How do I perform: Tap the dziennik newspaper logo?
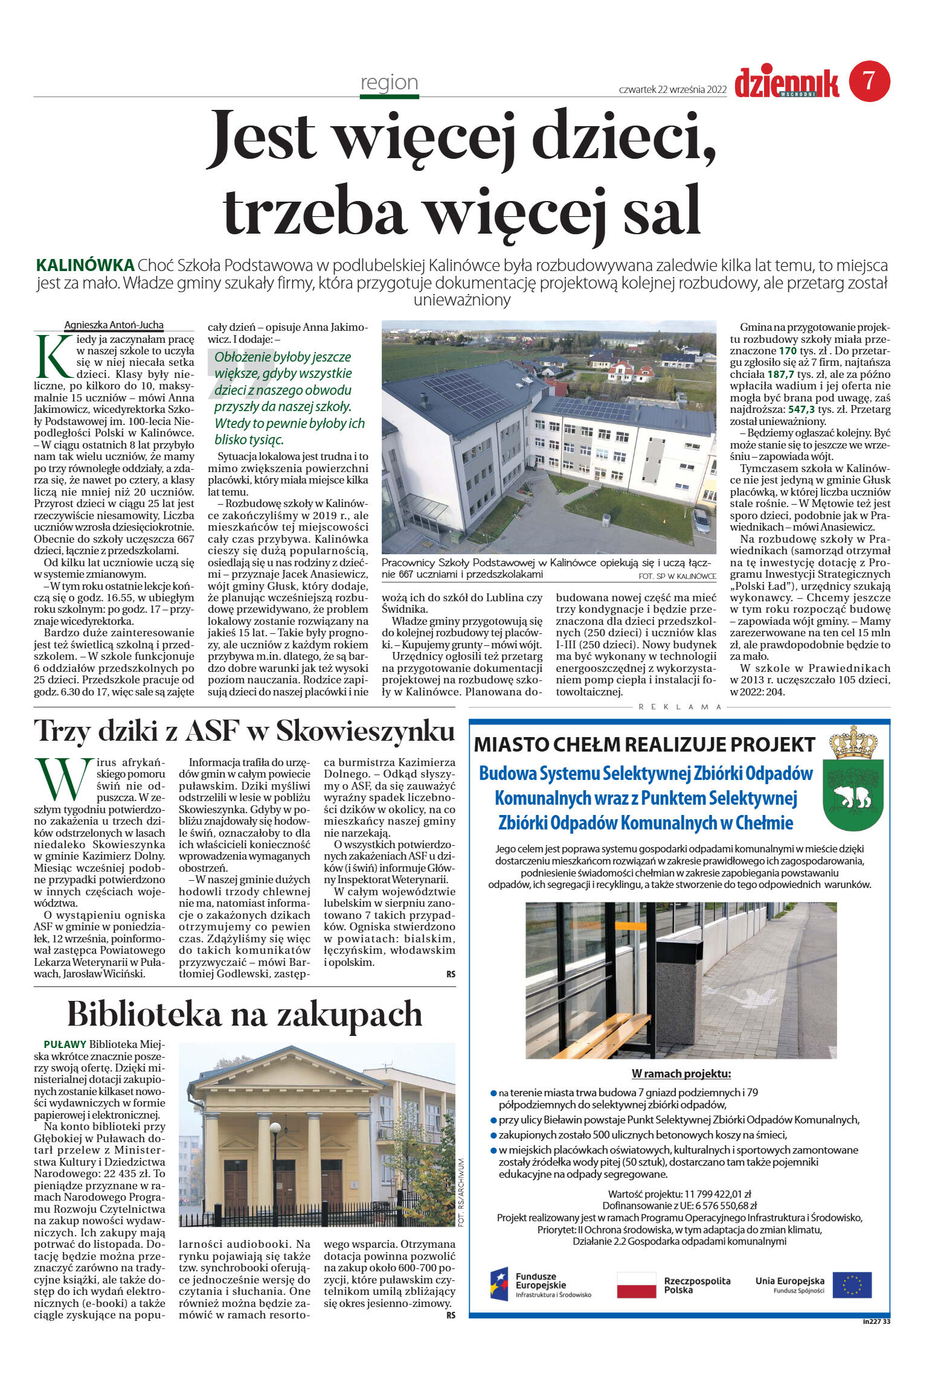point(786,83)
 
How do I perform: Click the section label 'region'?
point(389,82)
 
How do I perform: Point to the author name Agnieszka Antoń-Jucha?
point(114,325)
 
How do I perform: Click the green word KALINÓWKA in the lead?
point(85,265)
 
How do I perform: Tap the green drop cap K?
point(53,356)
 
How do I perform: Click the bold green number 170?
point(787,350)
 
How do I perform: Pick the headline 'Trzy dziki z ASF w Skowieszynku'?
point(244,731)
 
